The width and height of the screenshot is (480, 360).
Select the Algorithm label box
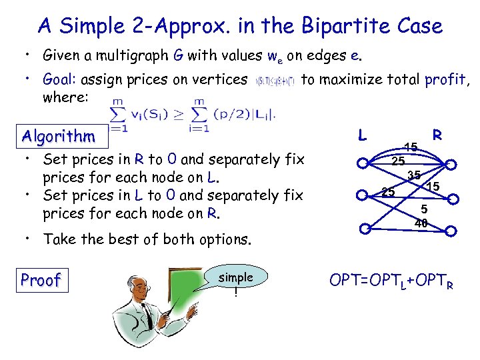[59, 137]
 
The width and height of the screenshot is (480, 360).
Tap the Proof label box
[41, 280]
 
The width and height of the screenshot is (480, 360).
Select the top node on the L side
[363, 163]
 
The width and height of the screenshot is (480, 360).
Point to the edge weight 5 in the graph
[424, 209]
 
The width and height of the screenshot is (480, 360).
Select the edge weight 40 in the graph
[421, 223]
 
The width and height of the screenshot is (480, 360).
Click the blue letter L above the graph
[362, 135]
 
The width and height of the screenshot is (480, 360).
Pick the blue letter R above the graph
[438, 135]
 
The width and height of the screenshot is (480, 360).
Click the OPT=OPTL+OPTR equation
[392, 280]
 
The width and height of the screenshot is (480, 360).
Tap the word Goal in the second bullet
[59, 80]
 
